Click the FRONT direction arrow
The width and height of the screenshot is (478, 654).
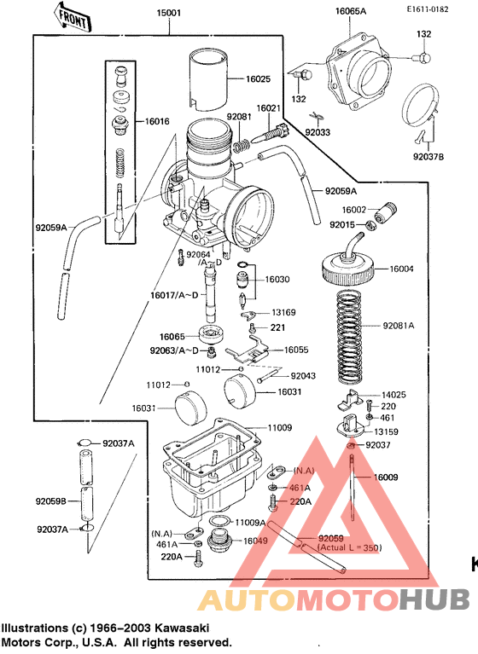tap(72, 15)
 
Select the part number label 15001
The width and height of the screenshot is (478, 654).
tap(169, 14)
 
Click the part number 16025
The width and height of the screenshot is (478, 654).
tap(258, 79)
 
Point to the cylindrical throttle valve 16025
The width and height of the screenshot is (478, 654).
tap(210, 78)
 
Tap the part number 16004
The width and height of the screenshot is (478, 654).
tap(402, 269)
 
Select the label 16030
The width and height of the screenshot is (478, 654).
tap(277, 279)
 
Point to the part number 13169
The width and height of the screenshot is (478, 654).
tap(283, 313)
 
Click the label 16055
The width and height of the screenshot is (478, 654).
tap(296, 350)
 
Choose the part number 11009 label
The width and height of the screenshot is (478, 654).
tap(279, 426)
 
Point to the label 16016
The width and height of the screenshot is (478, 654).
tap(157, 122)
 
